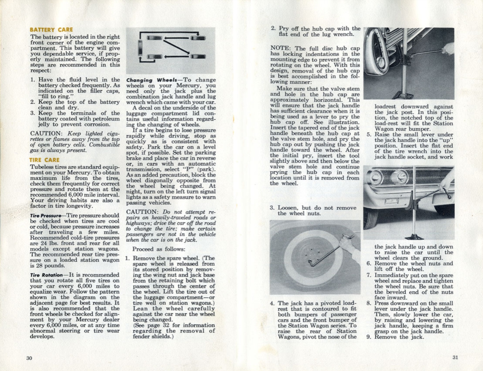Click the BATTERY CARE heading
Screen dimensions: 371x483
pos(51,30)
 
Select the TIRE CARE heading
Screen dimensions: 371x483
pos(44,160)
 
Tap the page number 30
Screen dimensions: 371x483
pos(29,358)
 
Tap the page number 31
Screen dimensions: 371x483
pos(455,357)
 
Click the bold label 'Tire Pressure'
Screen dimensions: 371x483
pos(46,216)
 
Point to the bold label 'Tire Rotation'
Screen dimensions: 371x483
pos(46,275)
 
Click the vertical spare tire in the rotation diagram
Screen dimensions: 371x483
pos(140,47)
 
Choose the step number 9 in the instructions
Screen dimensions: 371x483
pos(368,337)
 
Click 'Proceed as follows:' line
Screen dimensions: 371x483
pos(159,249)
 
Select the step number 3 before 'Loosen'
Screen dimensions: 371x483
pos(272,208)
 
